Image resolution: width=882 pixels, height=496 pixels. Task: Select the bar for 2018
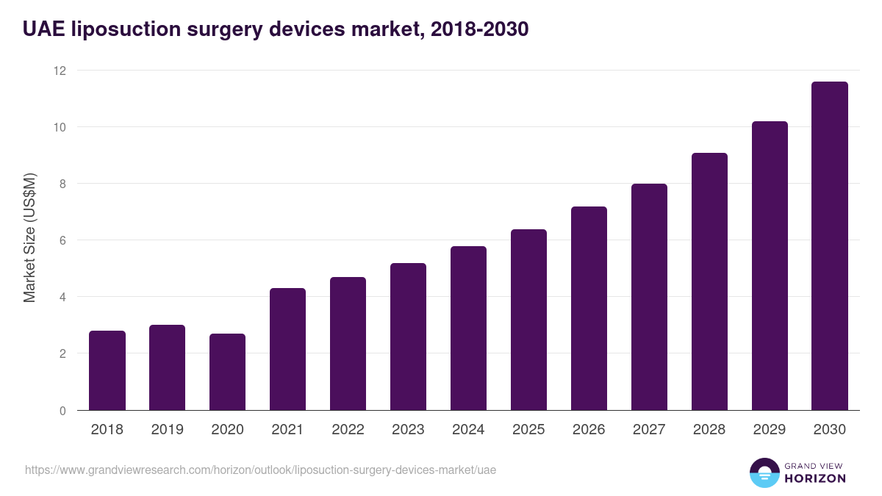[107, 371]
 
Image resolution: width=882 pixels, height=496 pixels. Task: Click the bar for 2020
[228, 373]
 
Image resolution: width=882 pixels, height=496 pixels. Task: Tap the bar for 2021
[288, 350]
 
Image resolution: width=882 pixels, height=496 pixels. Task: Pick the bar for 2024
[468, 328]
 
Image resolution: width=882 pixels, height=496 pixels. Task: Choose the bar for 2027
[649, 298]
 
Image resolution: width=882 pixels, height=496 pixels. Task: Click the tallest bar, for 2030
[830, 246]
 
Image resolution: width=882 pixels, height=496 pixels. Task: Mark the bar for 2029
[770, 266]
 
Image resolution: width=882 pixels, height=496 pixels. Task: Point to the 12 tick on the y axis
[59, 71]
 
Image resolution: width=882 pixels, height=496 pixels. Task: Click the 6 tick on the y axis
[62, 240]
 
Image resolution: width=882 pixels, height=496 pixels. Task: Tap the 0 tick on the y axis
[62, 411]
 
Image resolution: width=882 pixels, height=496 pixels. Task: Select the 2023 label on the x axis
[408, 430]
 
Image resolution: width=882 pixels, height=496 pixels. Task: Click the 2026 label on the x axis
[589, 430]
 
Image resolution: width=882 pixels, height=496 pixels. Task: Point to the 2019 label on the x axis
[168, 430]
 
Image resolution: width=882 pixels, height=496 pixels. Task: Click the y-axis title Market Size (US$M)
[29, 237]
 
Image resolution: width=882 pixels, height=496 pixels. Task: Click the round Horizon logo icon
[764, 472]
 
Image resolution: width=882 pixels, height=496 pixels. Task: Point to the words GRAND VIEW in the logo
[815, 465]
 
